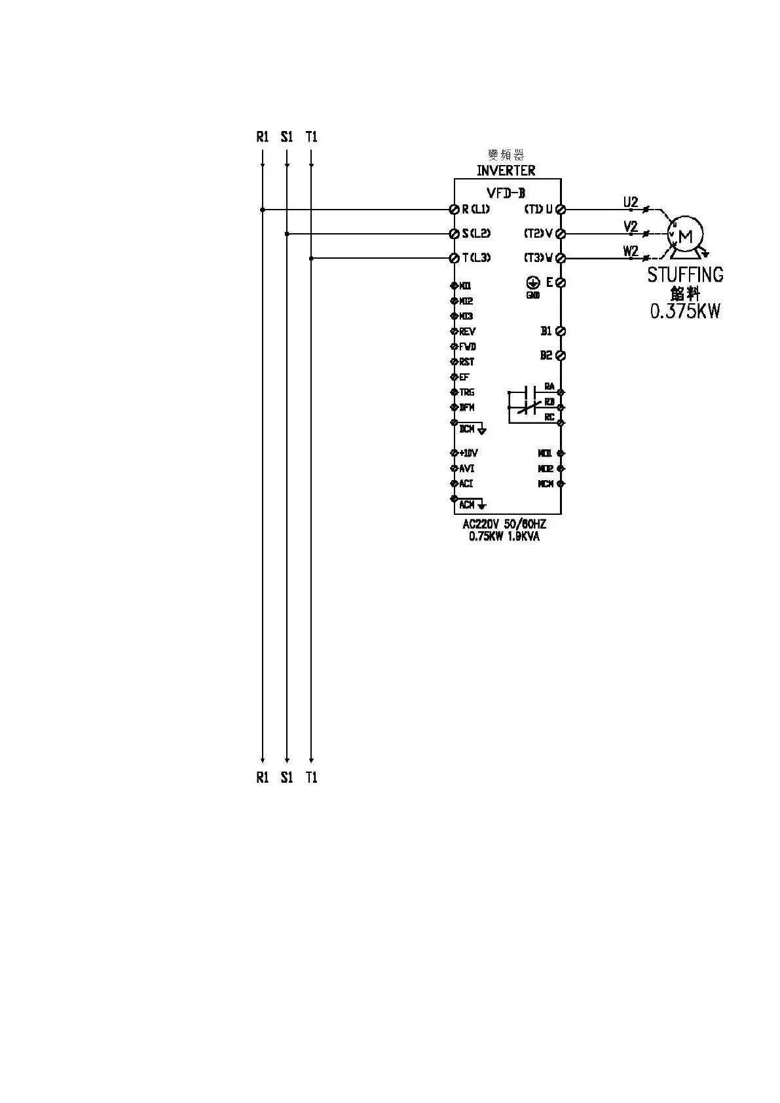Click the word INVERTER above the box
pos(506,171)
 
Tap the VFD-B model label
pos(506,193)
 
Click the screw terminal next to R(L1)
pos(454,210)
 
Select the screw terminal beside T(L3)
pos(454,258)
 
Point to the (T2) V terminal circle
pos(561,234)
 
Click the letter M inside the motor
pos(686,236)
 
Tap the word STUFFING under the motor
pos(685,274)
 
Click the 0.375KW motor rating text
pos(685,311)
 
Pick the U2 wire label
pos(630,202)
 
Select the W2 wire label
pos(630,251)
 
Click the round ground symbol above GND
pos(533,282)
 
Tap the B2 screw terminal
pos(561,356)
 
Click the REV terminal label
pos(467,332)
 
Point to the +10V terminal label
pos(468,453)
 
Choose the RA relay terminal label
pos(549,386)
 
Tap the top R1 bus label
pos(263,137)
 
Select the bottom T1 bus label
pos(311,777)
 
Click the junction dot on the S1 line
pos(287,234)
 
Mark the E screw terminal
pos(561,283)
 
